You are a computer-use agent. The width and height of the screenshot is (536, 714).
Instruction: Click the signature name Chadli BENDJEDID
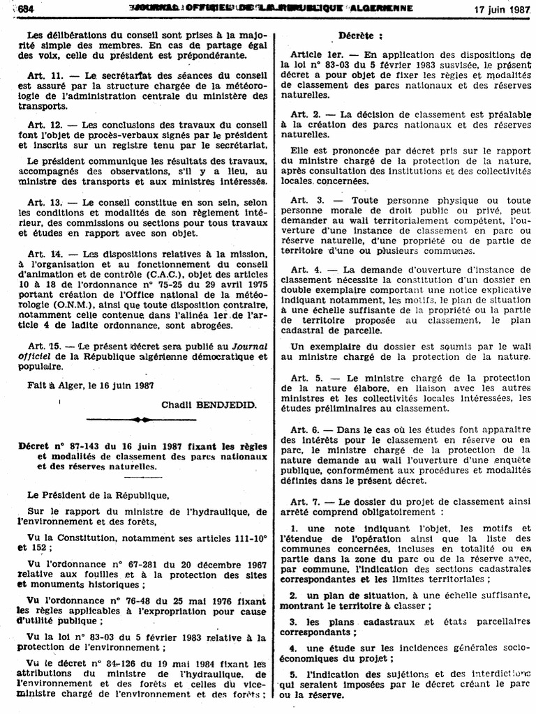(209, 404)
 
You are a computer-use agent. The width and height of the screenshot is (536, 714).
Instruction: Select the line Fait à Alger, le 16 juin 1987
(90, 384)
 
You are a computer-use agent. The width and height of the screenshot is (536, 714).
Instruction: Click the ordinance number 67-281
(119, 563)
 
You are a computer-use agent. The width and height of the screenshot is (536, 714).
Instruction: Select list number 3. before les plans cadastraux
(294, 621)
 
